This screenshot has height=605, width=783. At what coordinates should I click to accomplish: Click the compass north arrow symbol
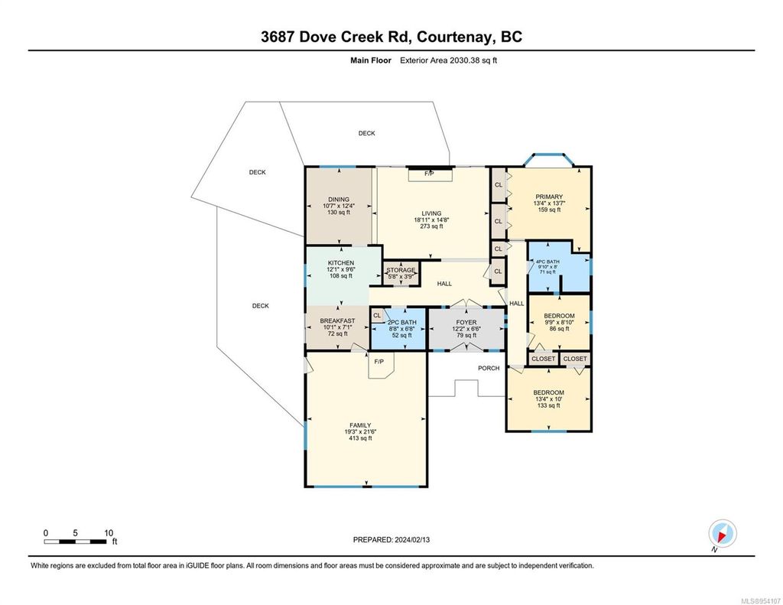(723, 532)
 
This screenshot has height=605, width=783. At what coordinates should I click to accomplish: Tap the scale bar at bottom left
(77, 542)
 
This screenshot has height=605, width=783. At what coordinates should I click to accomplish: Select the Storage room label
(401, 270)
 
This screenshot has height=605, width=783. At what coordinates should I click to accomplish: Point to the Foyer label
(466, 323)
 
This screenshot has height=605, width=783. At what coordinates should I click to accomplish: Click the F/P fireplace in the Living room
(430, 174)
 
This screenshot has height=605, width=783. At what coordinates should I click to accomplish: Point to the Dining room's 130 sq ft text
(337, 212)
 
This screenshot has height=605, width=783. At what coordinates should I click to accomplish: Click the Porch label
(489, 368)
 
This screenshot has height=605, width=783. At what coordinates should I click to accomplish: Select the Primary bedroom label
(547, 197)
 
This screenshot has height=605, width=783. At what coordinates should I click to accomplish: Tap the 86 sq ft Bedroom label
(559, 328)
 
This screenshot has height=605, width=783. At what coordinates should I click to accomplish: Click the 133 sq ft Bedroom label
(548, 405)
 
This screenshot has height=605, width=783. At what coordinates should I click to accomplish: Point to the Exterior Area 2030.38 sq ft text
(448, 60)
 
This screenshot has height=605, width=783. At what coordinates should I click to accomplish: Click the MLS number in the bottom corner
(757, 598)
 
